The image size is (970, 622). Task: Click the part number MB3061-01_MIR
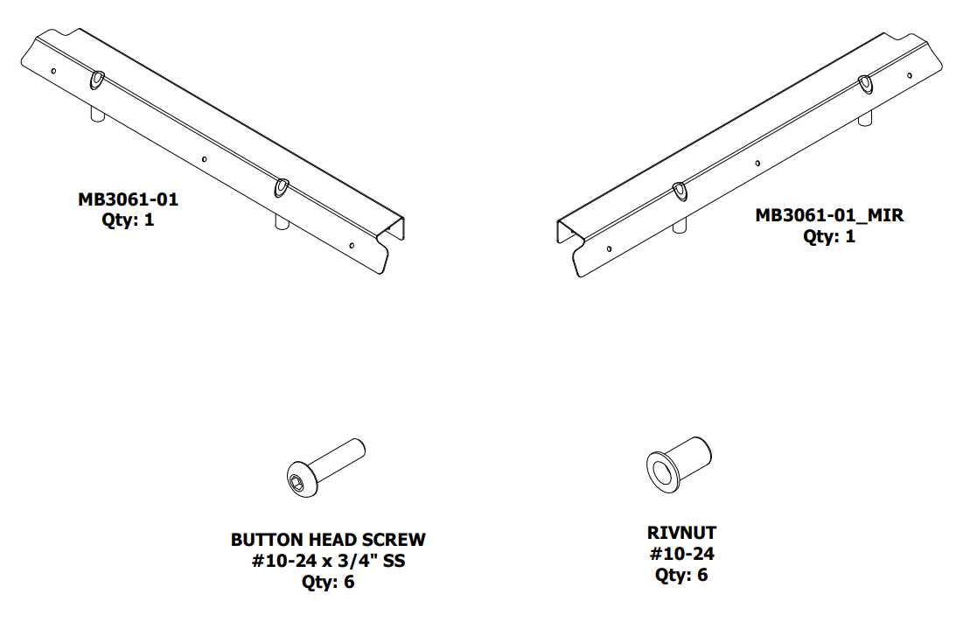[828, 215]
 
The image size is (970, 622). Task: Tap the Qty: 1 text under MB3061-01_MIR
[828, 236]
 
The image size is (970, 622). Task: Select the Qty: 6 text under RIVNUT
[681, 575]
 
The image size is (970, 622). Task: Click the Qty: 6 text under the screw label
[328, 582]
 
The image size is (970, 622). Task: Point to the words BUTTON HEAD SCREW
[328, 540]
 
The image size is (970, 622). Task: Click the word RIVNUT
[681, 533]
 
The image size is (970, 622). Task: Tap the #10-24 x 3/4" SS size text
[328, 561]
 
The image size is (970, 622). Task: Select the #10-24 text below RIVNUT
[681, 554]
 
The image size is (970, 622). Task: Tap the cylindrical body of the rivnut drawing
[691, 454]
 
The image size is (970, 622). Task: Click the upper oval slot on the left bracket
[96, 80]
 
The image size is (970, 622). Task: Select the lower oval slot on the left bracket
[282, 185]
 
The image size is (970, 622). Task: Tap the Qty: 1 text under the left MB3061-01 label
[128, 220]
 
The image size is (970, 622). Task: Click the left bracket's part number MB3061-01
[128, 199]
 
